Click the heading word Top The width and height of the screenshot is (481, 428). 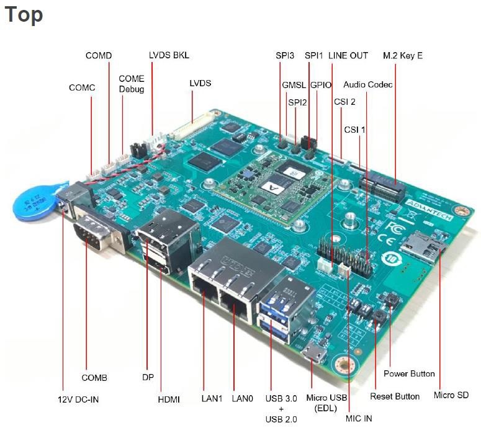(x=24, y=14)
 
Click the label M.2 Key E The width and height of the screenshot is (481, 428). (x=403, y=55)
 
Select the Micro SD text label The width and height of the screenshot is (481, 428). (x=451, y=395)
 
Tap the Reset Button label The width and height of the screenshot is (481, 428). (x=395, y=396)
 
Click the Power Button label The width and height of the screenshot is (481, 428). (x=409, y=373)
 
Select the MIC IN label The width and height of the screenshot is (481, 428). (x=359, y=418)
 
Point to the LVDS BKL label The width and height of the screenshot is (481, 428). (x=169, y=55)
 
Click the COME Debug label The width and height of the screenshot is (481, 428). (x=131, y=84)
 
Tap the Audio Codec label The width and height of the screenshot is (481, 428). (x=368, y=84)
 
